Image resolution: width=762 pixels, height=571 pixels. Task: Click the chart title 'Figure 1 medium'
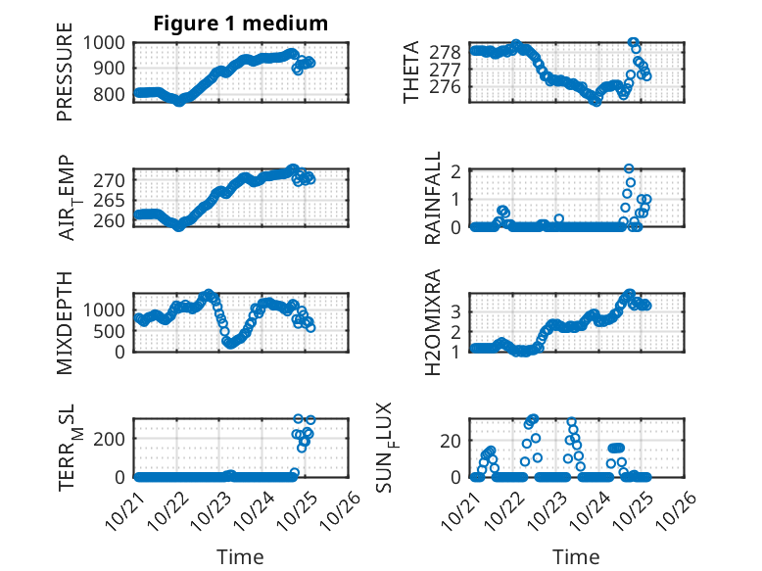click(240, 24)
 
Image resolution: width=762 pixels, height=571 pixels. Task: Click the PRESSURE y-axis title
click(66, 78)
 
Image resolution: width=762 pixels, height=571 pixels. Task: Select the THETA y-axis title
click(411, 72)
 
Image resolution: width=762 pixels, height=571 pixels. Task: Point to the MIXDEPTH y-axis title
click(66, 322)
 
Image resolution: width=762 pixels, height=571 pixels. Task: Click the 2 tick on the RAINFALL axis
click(454, 170)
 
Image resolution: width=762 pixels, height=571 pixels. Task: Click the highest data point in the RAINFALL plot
click(629, 168)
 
